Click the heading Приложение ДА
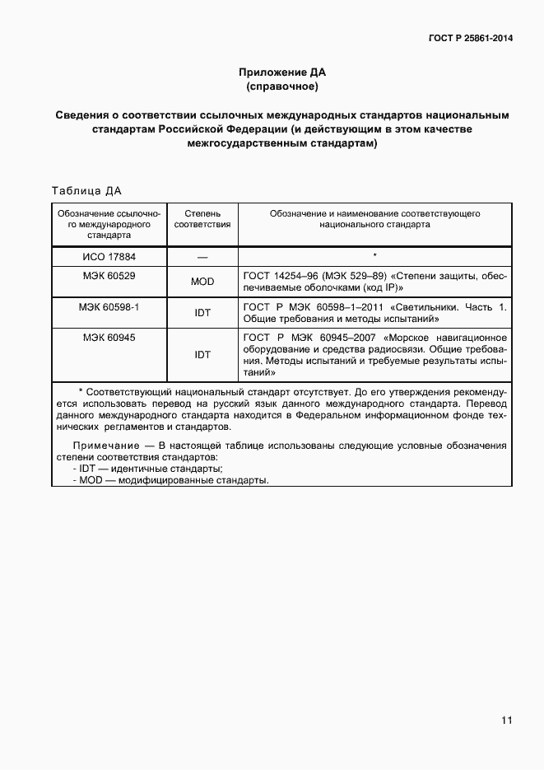281,72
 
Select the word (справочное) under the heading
281,86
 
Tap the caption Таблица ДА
86,191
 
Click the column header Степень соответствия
202,218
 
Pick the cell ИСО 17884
109,257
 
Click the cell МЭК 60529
109,275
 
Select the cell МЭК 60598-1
109,306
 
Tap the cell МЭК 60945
109,338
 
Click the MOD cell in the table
202,282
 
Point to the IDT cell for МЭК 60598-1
202,313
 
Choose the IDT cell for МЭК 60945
202,355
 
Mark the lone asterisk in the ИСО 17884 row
374,256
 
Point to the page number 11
506,720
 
